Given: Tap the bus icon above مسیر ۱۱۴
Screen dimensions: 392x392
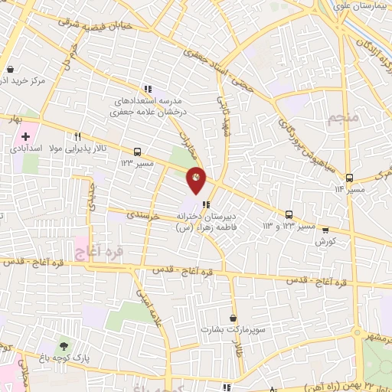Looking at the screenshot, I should [x=349, y=177].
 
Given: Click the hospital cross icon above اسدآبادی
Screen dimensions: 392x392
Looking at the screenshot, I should [x=25, y=136].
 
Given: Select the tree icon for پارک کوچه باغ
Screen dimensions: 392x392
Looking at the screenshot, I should [x=64, y=348].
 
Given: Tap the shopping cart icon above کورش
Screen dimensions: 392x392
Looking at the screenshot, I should [x=325, y=229].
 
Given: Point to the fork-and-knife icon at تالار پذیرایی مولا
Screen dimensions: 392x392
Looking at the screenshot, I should [x=78, y=136].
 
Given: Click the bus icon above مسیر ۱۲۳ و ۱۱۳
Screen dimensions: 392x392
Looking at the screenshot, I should [x=289, y=215].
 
